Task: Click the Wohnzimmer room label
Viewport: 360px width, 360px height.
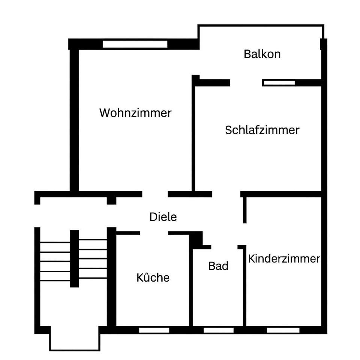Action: [x=135, y=113]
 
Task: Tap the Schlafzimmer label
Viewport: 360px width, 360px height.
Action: [x=262, y=130]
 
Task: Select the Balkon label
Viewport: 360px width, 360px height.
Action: [x=262, y=54]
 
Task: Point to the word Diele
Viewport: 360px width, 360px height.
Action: [x=163, y=217]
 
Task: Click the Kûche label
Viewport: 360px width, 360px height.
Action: [x=153, y=278]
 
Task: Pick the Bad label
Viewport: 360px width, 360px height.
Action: [x=218, y=266]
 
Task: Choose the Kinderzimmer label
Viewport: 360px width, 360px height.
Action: [x=284, y=259]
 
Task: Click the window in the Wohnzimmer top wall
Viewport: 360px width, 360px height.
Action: [x=135, y=44]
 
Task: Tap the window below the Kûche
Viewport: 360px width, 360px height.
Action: [x=154, y=330]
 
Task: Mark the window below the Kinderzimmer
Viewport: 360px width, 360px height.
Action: [x=283, y=330]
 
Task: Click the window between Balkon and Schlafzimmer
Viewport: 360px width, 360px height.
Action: [x=279, y=82]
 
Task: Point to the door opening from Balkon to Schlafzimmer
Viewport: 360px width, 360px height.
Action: [x=246, y=82]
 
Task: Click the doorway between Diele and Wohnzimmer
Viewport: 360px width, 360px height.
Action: [x=155, y=194]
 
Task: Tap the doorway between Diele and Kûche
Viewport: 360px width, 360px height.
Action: [x=154, y=233]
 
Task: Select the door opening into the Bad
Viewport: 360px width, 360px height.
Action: [x=224, y=247]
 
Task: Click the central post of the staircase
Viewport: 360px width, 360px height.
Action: [x=75, y=259]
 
